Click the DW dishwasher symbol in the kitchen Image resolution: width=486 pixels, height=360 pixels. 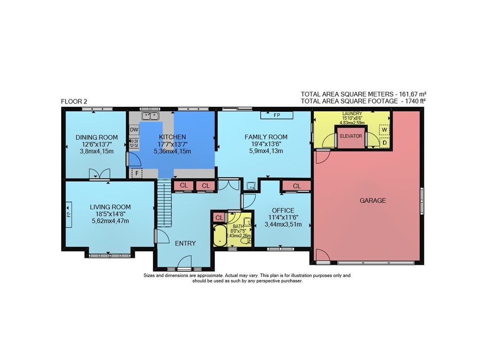point(134,130)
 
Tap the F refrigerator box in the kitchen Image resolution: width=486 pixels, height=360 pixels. point(137,173)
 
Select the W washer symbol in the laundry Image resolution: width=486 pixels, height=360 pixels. point(384,130)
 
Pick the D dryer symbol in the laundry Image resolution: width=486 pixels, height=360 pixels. point(384,142)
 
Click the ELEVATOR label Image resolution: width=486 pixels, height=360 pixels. point(351,136)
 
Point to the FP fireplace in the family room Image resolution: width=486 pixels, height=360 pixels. point(277,115)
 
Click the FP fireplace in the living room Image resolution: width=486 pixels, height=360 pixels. point(69,214)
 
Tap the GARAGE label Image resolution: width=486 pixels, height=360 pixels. point(373,201)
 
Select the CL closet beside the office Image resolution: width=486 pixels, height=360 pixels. point(296,186)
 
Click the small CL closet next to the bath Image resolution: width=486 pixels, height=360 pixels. point(219,218)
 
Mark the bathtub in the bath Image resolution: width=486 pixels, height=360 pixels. point(220,236)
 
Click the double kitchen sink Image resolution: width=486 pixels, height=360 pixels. point(150,116)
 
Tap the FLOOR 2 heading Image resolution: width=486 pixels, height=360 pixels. point(74,102)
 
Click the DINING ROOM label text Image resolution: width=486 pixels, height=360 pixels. point(97,137)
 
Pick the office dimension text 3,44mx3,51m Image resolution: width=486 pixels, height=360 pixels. point(283,224)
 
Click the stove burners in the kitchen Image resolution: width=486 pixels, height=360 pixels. point(134,143)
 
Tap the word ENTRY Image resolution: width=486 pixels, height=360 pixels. point(185,243)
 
